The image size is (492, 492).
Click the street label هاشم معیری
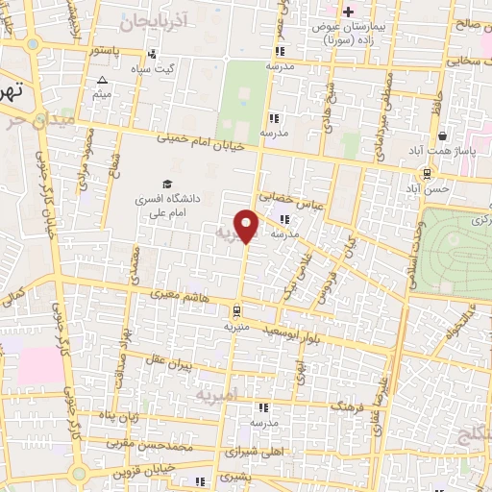pos(175,297)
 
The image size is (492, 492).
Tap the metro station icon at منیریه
pos(235,310)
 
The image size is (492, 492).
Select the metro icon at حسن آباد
pos(425,174)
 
